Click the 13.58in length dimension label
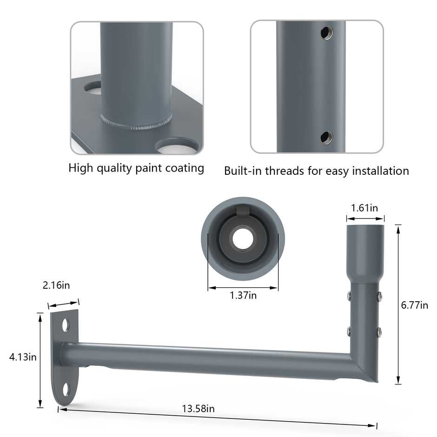coord(198,409)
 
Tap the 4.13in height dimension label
coord(23,357)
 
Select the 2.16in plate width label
coord(56,285)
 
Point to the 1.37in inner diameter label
coord(243,295)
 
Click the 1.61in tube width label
coord(364,208)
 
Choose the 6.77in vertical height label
coord(414,305)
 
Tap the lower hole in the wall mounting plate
coord(66,390)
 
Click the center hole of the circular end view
coord(243,239)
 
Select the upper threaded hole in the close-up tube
coord(327,33)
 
